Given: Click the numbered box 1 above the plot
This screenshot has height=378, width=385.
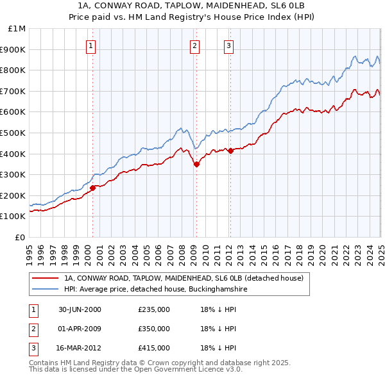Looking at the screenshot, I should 91,45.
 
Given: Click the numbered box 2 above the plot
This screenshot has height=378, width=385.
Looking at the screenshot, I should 194,45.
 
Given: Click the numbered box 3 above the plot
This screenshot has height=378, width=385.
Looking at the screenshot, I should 228,45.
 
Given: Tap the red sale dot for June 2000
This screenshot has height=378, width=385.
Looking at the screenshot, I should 92,188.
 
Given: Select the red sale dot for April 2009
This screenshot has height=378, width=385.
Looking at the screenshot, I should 196,164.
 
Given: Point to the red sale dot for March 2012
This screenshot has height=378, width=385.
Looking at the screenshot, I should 230,151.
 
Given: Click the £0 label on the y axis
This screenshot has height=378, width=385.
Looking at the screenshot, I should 21,237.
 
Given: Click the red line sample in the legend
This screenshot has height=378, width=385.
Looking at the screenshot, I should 46,278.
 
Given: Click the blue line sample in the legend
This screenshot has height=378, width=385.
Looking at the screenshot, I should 46,289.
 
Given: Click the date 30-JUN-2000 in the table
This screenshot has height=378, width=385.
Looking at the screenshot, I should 80,310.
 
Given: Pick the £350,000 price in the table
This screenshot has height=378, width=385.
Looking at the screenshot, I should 154,329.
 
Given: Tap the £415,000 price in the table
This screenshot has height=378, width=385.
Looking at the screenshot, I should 154,348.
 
